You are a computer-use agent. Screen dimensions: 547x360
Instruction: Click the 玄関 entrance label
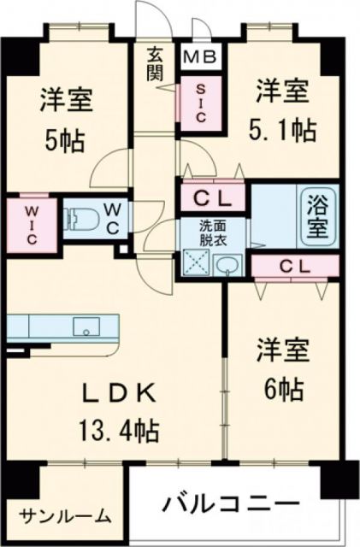coord(156,65)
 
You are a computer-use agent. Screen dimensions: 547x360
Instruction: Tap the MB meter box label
coord(202,58)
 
